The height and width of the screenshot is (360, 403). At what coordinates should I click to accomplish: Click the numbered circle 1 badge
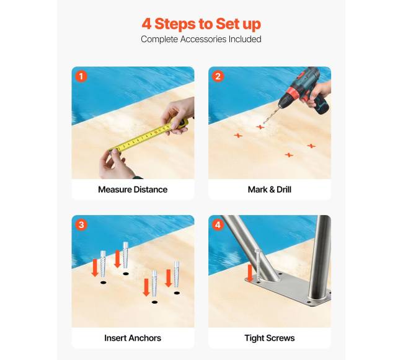[x=81, y=76]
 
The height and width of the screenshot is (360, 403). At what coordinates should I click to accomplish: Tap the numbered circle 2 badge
[x=218, y=76]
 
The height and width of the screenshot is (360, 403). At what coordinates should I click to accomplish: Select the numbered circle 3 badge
[x=81, y=225]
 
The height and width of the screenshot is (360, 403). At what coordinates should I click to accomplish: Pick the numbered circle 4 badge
[x=218, y=225]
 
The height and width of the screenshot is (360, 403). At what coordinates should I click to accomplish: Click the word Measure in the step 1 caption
[x=115, y=190]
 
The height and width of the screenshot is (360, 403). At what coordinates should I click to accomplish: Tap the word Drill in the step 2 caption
[x=284, y=190]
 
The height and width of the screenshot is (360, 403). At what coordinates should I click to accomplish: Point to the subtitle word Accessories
[x=203, y=39]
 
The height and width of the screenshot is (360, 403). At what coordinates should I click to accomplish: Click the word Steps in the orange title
[x=175, y=24]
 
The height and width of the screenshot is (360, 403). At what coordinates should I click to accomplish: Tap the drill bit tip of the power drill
[x=263, y=123]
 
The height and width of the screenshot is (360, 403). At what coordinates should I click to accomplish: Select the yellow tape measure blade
[x=141, y=138]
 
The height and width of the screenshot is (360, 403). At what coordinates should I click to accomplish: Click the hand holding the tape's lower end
[x=116, y=164]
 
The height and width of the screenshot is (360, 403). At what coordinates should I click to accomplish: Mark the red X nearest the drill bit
[x=260, y=127]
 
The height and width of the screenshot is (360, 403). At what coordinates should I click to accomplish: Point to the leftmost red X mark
[x=238, y=135]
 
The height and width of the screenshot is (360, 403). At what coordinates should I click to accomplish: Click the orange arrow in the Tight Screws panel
[x=250, y=273]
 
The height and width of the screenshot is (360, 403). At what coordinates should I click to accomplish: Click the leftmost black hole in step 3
[x=103, y=283]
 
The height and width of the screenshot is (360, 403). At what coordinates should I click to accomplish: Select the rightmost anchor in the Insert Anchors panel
[x=177, y=274]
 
